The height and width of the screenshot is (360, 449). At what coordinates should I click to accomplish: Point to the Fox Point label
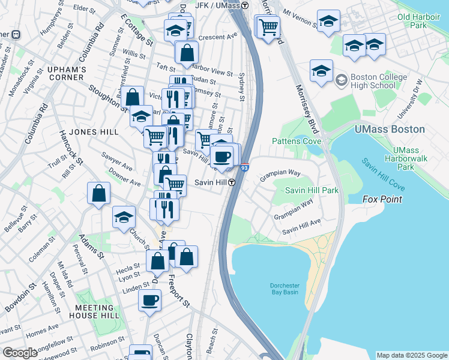[x=382, y=199]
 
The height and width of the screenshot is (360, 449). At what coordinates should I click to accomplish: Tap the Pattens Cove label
[x=297, y=141]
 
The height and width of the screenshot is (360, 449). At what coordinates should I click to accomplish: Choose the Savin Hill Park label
[x=312, y=190]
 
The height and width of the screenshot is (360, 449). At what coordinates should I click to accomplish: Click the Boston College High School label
[x=378, y=82]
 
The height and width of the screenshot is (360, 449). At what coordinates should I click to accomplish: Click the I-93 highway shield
[x=244, y=169]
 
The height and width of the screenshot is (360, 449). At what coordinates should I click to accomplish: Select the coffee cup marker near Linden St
[x=149, y=299]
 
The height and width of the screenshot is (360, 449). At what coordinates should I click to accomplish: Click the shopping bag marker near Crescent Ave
[x=187, y=52]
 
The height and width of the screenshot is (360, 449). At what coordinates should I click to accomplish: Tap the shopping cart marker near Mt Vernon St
[x=268, y=26]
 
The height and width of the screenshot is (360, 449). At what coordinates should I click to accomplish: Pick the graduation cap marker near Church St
[x=124, y=216]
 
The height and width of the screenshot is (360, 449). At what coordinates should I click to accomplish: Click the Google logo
[x=20, y=353]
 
